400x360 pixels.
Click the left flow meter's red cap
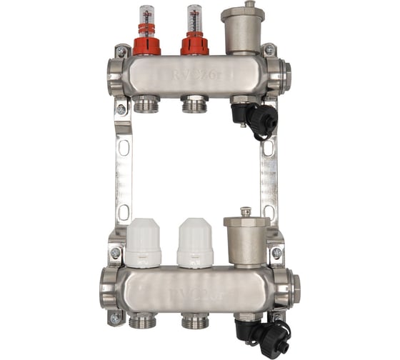[146, 46]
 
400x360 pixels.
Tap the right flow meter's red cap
[194, 46]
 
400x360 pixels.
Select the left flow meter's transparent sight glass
[146, 19]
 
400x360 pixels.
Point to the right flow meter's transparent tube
[194, 19]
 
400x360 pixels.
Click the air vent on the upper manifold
[242, 32]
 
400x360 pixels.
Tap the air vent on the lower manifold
[246, 239]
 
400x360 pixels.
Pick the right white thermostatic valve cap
[194, 243]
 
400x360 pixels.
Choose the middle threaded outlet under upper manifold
[194, 106]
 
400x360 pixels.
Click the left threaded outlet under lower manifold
[146, 321]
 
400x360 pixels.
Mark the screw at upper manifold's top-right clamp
[269, 50]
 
